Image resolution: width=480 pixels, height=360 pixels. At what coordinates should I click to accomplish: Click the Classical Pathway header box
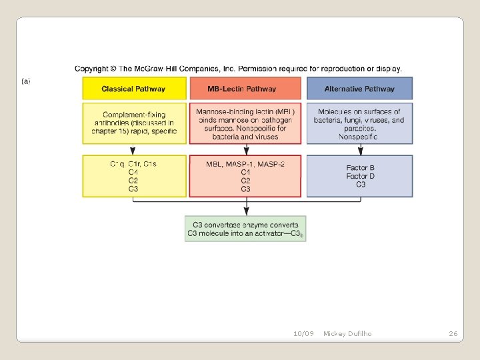pyautogui.click(x=133, y=89)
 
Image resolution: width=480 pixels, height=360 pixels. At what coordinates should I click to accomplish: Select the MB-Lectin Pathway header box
pyautogui.click(x=246, y=89)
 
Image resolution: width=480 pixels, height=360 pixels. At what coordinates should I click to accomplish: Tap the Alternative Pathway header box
pyautogui.click(x=359, y=89)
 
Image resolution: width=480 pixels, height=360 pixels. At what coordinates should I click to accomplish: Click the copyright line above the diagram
pyautogui.click(x=238, y=69)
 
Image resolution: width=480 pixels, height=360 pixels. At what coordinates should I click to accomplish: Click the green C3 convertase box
pyautogui.click(x=245, y=229)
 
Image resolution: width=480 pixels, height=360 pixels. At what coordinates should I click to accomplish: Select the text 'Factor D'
pyautogui.click(x=361, y=176)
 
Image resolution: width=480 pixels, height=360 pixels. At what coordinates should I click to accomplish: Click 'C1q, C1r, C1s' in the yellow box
pyautogui.click(x=133, y=164)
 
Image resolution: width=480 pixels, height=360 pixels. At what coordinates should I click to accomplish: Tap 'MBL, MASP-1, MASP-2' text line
pyautogui.click(x=245, y=164)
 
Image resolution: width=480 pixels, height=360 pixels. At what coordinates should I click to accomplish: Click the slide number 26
pyautogui.click(x=453, y=333)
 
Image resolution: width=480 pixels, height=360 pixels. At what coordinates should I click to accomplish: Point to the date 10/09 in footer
pyautogui.click(x=303, y=333)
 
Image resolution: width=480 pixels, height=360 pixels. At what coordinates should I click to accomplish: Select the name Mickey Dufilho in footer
pyautogui.click(x=347, y=333)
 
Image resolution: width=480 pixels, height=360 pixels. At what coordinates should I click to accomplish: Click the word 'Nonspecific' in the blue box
pyautogui.click(x=358, y=137)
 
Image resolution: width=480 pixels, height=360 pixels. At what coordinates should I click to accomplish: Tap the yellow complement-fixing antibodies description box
pyautogui.click(x=133, y=123)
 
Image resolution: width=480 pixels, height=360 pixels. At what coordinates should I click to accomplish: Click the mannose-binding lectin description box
pyautogui.click(x=245, y=123)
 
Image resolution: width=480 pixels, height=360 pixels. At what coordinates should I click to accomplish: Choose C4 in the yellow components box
pyautogui.click(x=133, y=172)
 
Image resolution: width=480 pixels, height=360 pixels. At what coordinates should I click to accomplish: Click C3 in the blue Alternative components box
pyautogui.click(x=361, y=185)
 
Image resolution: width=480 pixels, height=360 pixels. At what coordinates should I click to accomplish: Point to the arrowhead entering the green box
pyautogui.click(x=245, y=211)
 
